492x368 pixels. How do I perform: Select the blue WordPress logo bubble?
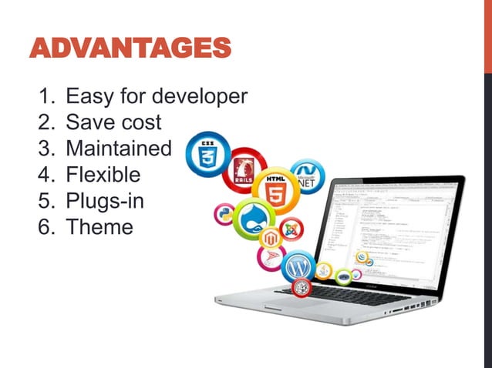pyautogui.click(x=298, y=267)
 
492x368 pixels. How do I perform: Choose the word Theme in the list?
pyautogui.click(x=99, y=227)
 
